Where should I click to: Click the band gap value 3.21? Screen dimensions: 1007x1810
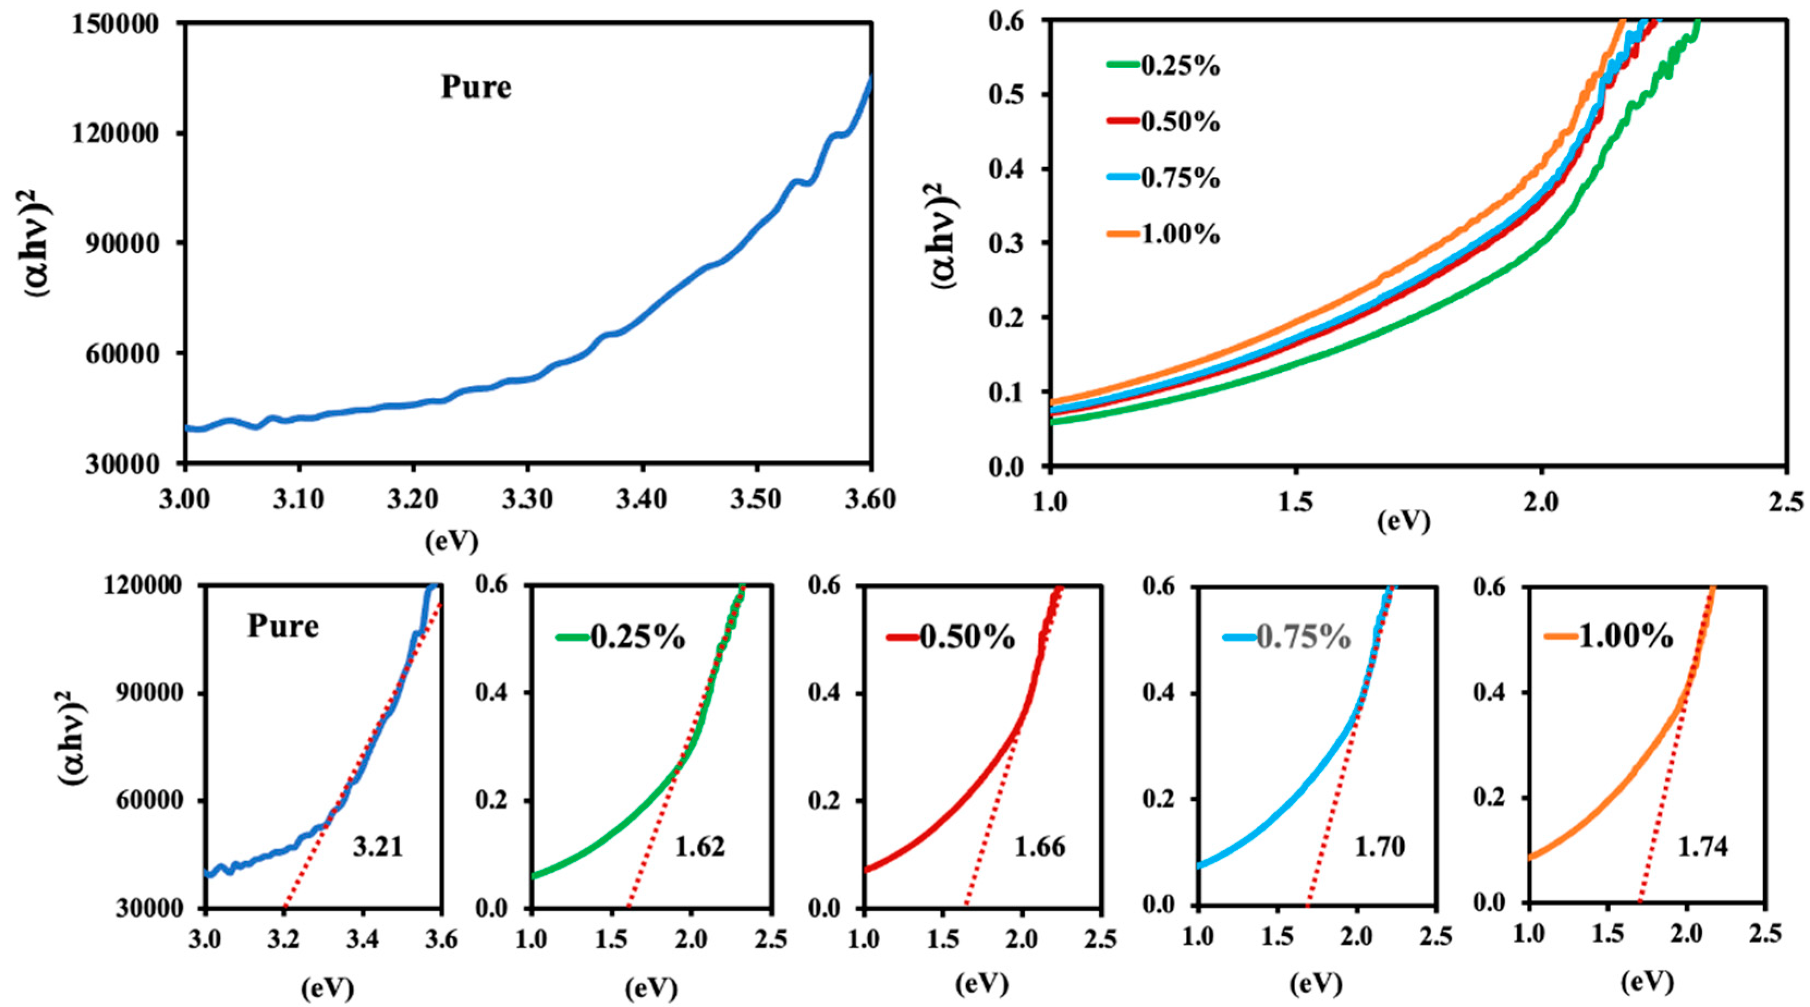(378, 848)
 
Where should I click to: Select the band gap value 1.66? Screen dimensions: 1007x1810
(1040, 848)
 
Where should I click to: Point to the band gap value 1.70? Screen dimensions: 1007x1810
(1380, 848)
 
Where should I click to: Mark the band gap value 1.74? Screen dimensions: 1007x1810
(1703, 848)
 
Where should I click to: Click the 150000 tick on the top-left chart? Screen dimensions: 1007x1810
(124, 23)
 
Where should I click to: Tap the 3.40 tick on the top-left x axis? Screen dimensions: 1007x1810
(641, 500)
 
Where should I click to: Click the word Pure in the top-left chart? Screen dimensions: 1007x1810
(476, 88)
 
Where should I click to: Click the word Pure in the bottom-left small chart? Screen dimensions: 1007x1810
(283, 626)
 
